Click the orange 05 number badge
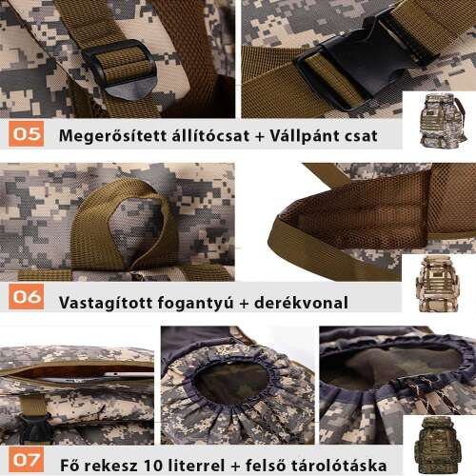pyautogui.click(x=28, y=133)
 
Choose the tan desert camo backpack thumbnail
pyautogui.click(x=433, y=283)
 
